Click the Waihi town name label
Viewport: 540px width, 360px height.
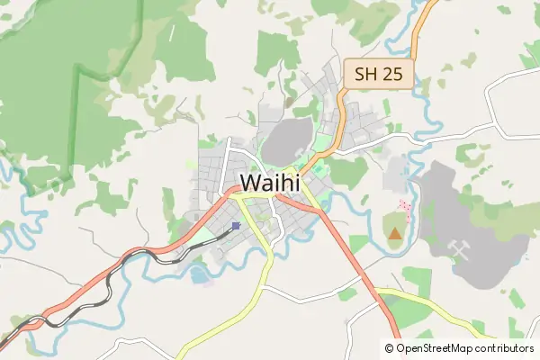pyautogui.click(x=275, y=183)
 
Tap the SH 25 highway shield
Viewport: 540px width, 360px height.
pyautogui.click(x=378, y=74)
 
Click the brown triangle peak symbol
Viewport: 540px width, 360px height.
pyautogui.click(x=394, y=234)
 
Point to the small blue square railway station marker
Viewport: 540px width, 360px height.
pyautogui.click(x=236, y=226)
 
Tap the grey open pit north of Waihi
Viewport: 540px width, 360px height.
pyautogui.click(x=287, y=141)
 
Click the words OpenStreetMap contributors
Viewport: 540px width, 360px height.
pyautogui.click(x=465, y=347)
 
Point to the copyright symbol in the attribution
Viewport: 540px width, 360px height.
pyautogui.click(x=390, y=347)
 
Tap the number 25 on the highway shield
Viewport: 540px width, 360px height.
pyautogui.click(x=393, y=74)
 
